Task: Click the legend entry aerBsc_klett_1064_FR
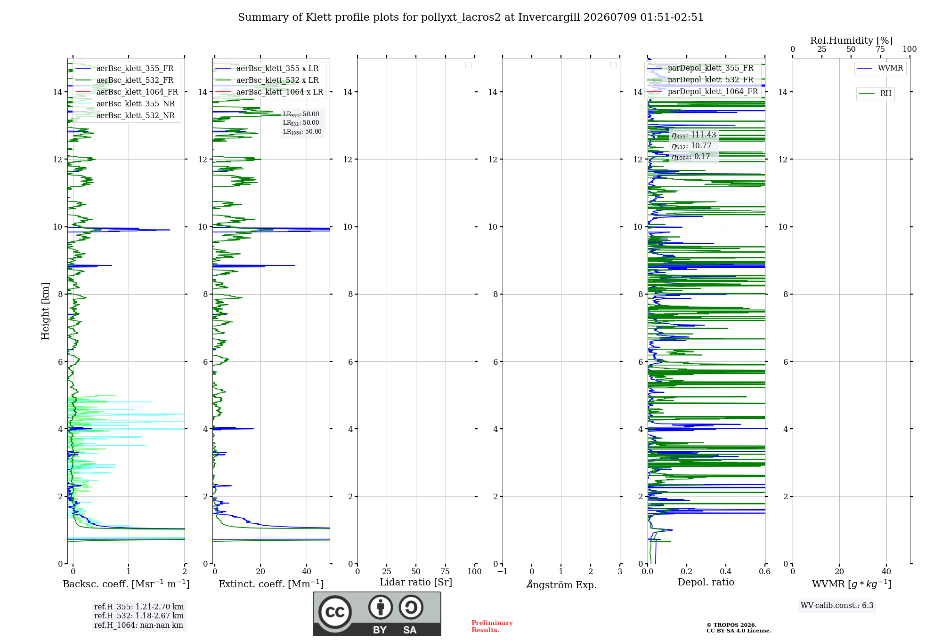tap(126, 92)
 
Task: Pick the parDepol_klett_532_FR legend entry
tap(702, 80)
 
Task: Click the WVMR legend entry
tap(880, 68)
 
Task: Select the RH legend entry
tap(876, 93)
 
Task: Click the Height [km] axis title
tap(45, 311)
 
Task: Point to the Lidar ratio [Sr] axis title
tap(416, 582)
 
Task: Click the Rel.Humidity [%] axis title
tap(851, 40)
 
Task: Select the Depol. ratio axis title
tap(706, 582)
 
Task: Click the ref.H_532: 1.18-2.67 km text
tap(139, 616)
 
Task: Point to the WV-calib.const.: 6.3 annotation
tap(837, 605)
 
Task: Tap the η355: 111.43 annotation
tap(694, 135)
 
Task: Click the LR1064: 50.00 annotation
tap(302, 132)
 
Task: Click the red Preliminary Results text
tap(492, 626)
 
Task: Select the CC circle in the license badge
tap(335, 612)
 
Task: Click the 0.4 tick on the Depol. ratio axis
tap(726, 571)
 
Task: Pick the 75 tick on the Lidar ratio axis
tap(445, 571)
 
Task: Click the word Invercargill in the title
tap(549, 17)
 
